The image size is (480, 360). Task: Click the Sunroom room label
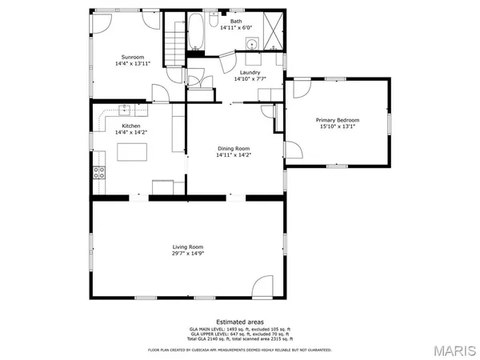pos(133,57)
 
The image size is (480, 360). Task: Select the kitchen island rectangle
pos(133,152)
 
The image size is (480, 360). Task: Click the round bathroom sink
pos(251,45)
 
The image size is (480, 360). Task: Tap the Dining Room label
pos(234,148)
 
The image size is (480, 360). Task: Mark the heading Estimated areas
pos(239,322)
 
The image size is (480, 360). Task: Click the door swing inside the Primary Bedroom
pos(294,150)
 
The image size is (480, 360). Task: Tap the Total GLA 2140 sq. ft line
pos(239,340)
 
